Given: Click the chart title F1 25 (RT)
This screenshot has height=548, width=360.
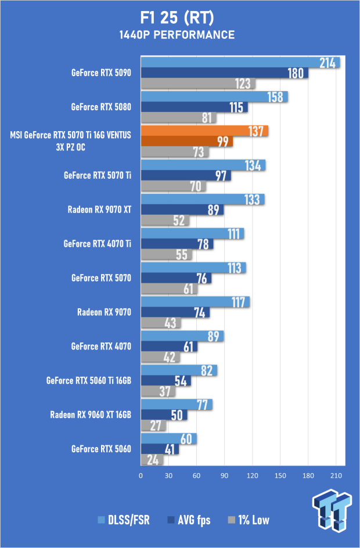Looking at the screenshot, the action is (x=177, y=18).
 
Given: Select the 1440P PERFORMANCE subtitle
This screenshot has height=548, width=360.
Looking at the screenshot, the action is (x=177, y=35).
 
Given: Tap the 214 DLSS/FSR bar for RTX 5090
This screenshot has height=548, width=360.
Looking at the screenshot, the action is (x=240, y=62).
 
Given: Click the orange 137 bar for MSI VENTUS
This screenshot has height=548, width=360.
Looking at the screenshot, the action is (x=204, y=131).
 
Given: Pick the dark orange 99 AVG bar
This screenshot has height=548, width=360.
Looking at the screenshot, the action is (x=186, y=141).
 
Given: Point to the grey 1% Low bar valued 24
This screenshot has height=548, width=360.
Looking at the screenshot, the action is (x=152, y=460).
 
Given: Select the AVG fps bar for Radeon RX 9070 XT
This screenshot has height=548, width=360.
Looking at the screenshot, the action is (x=182, y=210).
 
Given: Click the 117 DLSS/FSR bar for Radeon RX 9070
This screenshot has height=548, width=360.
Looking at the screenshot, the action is (x=195, y=302).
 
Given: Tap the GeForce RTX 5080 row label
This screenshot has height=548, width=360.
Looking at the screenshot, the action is (x=101, y=107).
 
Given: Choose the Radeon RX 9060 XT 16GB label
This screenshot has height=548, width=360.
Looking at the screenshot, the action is (x=91, y=415).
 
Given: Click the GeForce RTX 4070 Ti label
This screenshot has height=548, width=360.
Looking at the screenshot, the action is (x=97, y=244).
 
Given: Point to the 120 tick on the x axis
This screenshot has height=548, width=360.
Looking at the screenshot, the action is (x=253, y=475).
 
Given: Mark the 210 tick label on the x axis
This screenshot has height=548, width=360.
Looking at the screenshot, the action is (x=336, y=475).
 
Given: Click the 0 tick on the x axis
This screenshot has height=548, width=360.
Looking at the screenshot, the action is (x=141, y=475).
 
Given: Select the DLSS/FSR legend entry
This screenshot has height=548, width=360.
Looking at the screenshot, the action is (x=124, y=520).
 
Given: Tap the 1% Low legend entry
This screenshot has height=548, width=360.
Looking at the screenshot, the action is (x=249, y=520).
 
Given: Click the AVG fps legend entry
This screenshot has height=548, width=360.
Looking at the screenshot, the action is (x=189, y=520).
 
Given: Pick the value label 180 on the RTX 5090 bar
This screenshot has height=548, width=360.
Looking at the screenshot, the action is (x=296, y=73).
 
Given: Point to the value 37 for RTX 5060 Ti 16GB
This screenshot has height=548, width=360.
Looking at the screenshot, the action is (x=165, y=391).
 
